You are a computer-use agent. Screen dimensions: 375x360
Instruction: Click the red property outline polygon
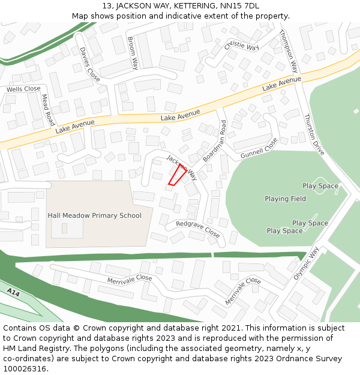176,175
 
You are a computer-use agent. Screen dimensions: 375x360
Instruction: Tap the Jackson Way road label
182,167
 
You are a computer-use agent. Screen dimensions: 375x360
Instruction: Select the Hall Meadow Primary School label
95,215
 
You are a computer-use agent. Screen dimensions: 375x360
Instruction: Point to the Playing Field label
285,199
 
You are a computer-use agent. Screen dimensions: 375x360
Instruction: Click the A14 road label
14,292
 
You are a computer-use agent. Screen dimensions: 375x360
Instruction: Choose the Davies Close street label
90,64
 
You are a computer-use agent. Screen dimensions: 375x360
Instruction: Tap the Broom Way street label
133,52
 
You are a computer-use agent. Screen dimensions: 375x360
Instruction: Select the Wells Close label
23,89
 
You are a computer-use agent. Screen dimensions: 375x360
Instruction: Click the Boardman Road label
215,140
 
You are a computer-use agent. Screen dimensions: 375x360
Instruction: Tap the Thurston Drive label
314,134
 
